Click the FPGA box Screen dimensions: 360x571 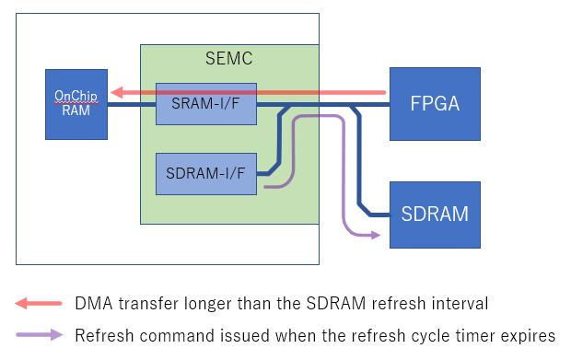[435, 103]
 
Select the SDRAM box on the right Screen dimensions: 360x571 [435, 215]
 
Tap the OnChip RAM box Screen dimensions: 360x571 [76, 104]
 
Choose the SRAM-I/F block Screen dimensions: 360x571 [206, 104]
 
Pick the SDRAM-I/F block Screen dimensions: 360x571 [206, 173]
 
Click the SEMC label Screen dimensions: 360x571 [228, 59]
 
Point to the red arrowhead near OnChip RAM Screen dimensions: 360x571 [116, 92]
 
